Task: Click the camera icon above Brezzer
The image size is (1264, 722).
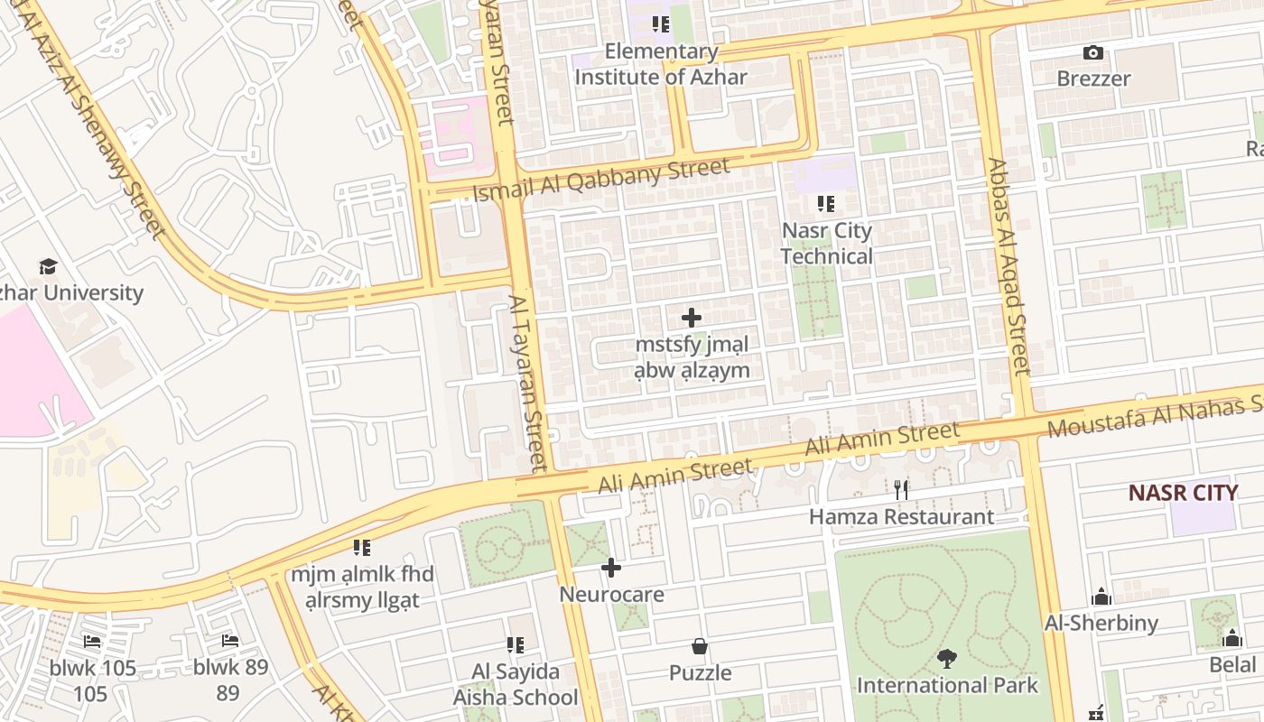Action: click(x=1093, y=53)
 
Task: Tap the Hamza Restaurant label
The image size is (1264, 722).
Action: click(x=901, y=517)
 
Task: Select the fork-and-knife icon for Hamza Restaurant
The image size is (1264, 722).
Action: click(x=901, y=490)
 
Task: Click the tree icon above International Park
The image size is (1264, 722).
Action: click(x=947, y=659)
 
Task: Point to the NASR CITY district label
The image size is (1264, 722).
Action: click(x=1183, y=493)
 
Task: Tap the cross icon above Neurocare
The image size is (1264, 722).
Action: click(x=611, y=568)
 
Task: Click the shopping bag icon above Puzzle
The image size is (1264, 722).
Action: click(x=700, y=646)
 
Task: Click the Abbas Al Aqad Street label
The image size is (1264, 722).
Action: click(x=1009, y=267)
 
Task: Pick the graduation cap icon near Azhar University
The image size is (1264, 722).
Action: click(x=48, y=266)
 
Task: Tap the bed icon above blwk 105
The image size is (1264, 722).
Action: click(x=92, y=642)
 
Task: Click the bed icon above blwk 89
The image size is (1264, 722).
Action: click(x=230, y=641)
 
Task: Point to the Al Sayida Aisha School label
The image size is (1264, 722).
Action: click(x=516, y=684)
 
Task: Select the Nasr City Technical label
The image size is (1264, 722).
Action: click(x=826, y=243)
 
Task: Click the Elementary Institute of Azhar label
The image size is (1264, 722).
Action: click(x=661, y=64)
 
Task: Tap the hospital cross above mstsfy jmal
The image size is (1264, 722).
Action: click(x=692, y=318)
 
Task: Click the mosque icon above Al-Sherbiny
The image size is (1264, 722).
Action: click(x=1101, y=597)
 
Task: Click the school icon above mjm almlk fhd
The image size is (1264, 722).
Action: click(x=362, y=547)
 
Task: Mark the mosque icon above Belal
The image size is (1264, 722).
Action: click(x=1232, y=639)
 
